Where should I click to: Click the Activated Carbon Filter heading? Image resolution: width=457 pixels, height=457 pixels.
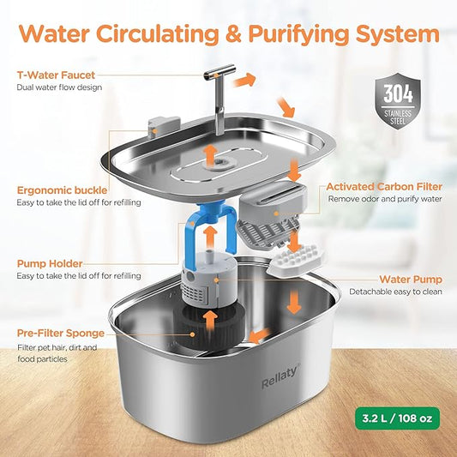point(384,185)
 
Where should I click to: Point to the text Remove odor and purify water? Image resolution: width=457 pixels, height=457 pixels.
point(384,200)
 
